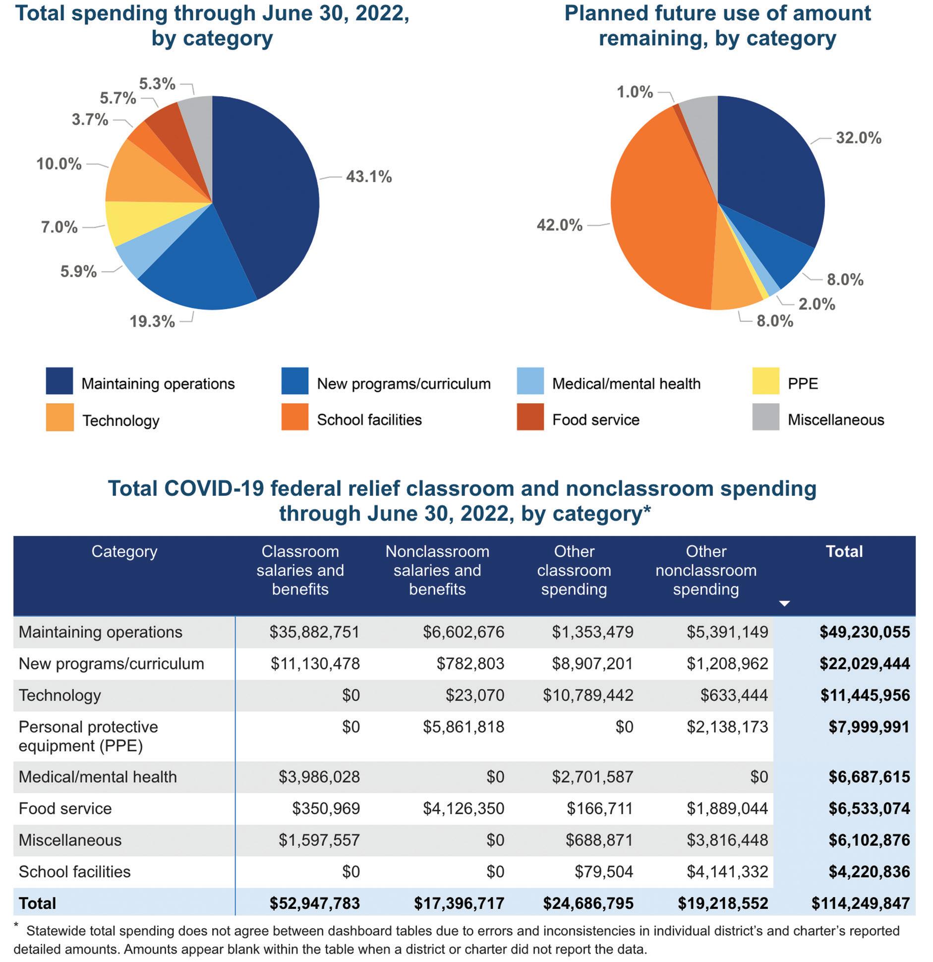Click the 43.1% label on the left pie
(368, 177)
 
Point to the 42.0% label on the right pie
(559, 225)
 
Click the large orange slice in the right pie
(659, 218)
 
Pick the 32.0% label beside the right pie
(858, 138)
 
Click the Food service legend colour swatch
(530, 417)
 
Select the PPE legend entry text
(803, 383)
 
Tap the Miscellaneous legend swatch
(765, 417)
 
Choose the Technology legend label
(120, 421)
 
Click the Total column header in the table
(844, 551)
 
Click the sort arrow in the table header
(784, 603)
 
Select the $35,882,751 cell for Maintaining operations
(314, 632)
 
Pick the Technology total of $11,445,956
(865, 695)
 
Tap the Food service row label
(65, 808)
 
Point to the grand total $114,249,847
(860, 903)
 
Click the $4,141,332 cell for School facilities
(727, 871)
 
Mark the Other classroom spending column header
(574, 570)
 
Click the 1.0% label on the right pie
(635, 92)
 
